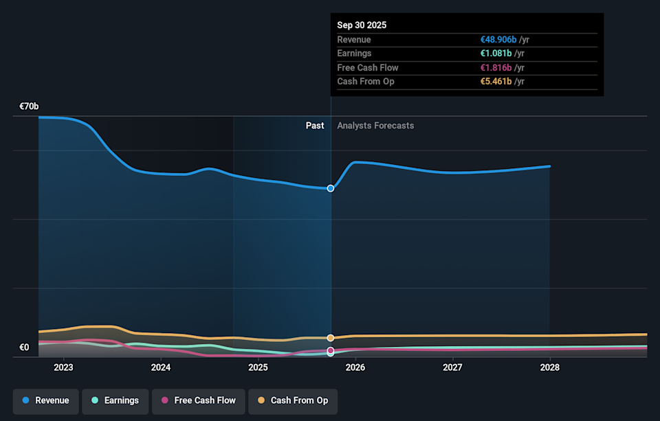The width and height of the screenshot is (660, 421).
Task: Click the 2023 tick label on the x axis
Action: pos(63,367)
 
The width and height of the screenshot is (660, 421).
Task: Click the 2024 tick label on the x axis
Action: pos(161,367)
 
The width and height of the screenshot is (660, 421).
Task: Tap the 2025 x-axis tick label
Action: pos(258,367)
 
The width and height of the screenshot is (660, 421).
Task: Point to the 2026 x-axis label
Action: pos(355,367)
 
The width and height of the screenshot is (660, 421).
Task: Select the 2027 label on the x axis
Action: pos(452,367)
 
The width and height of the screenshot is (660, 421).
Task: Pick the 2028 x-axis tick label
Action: pos(550,367)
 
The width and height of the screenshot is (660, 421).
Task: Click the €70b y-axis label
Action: pos(29,106)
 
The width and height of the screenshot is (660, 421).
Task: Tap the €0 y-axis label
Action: pos(24,348)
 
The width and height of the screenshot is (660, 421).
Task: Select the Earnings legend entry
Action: pos(115,400)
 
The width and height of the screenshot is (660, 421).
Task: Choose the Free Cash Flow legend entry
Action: pos(198,400)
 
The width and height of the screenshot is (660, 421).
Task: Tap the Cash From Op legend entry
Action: pos(293,400)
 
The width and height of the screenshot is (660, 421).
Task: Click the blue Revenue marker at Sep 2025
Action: pos(331,188)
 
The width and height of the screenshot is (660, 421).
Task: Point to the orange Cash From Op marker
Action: pos(331,338)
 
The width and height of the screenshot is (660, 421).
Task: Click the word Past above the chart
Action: pos(315,126)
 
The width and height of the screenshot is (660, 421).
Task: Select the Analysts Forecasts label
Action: pos(375,126)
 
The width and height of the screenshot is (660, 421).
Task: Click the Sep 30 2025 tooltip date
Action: pos(362,25)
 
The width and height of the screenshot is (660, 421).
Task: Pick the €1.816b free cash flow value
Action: pos(496,67)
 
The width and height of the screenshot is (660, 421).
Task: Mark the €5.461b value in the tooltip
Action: pos(496,82)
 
